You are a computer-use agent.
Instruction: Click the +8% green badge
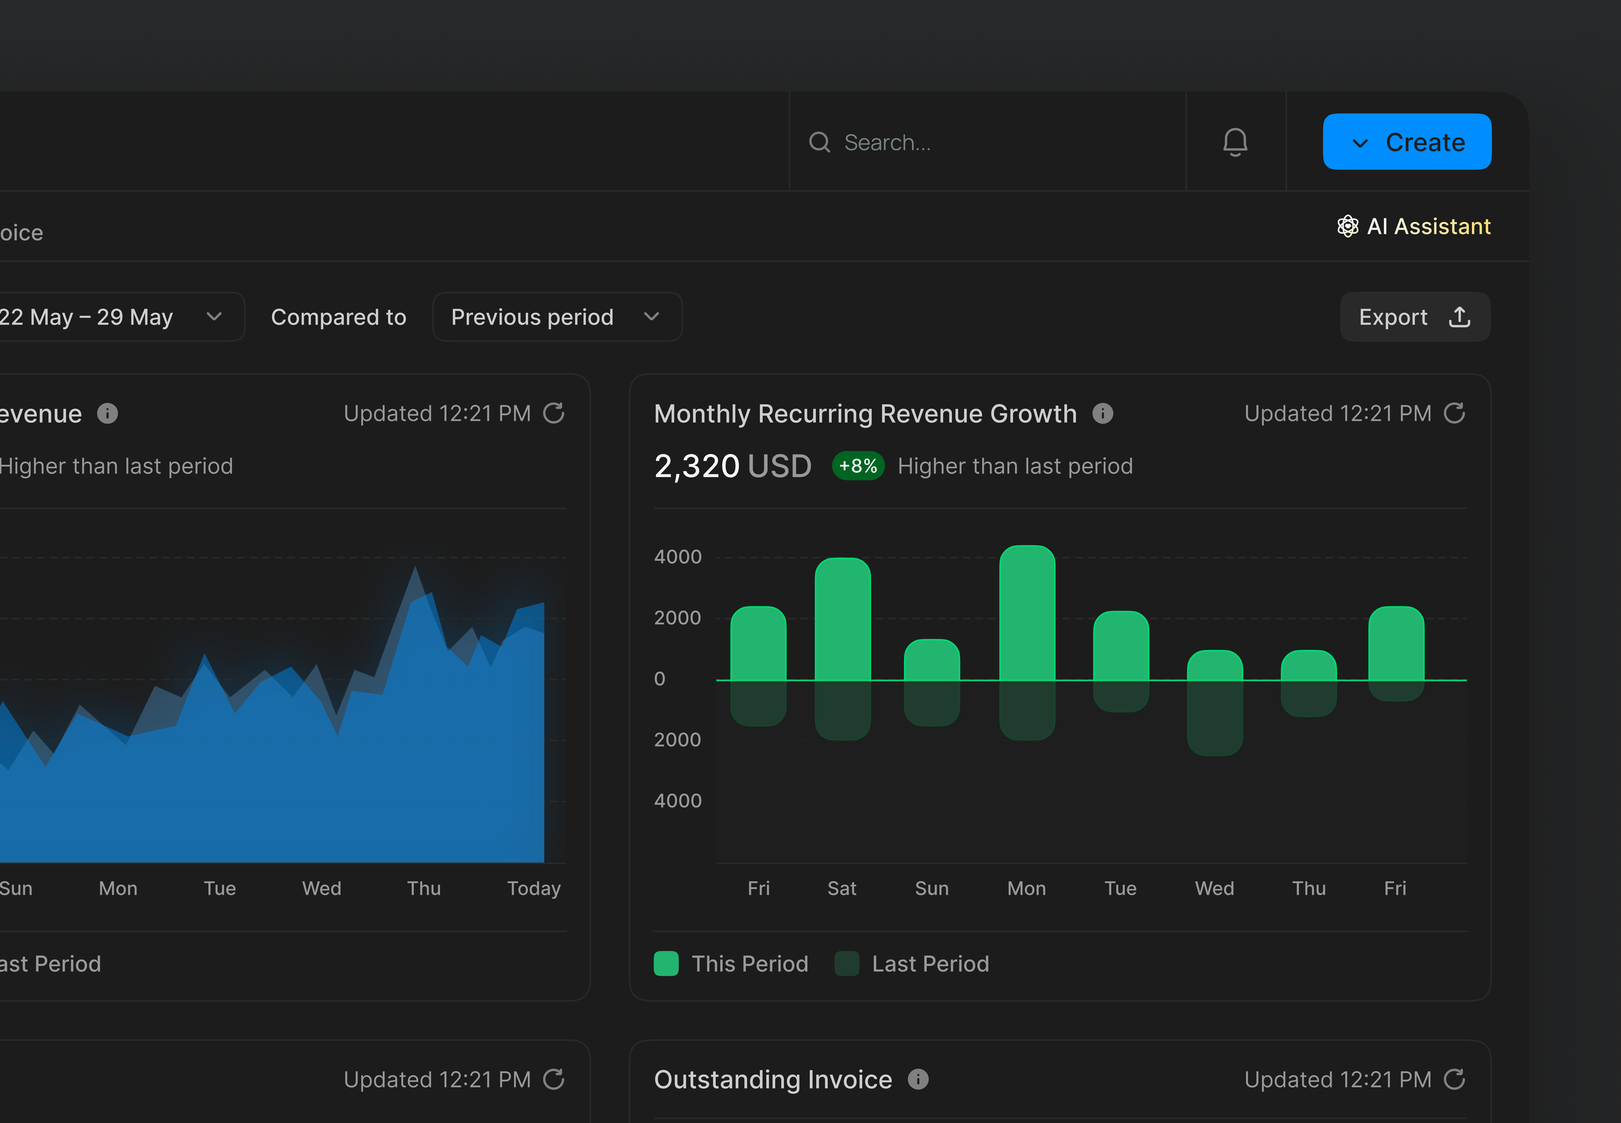(x=858, y=466)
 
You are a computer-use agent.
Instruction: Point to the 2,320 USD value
(x=732, y=466)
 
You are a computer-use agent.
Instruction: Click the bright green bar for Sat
(x=842, y=619)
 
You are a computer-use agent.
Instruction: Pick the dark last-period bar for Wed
(x=1214, y=718)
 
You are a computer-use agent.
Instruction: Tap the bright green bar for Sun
(x=932, y=660)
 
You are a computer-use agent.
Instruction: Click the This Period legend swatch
(x=666, y=963)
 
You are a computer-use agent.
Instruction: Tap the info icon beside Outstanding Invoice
(x=917, y=1079)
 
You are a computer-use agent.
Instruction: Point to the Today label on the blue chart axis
(x=533, y=888)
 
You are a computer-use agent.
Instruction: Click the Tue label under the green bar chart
(x=1120, y=888)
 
